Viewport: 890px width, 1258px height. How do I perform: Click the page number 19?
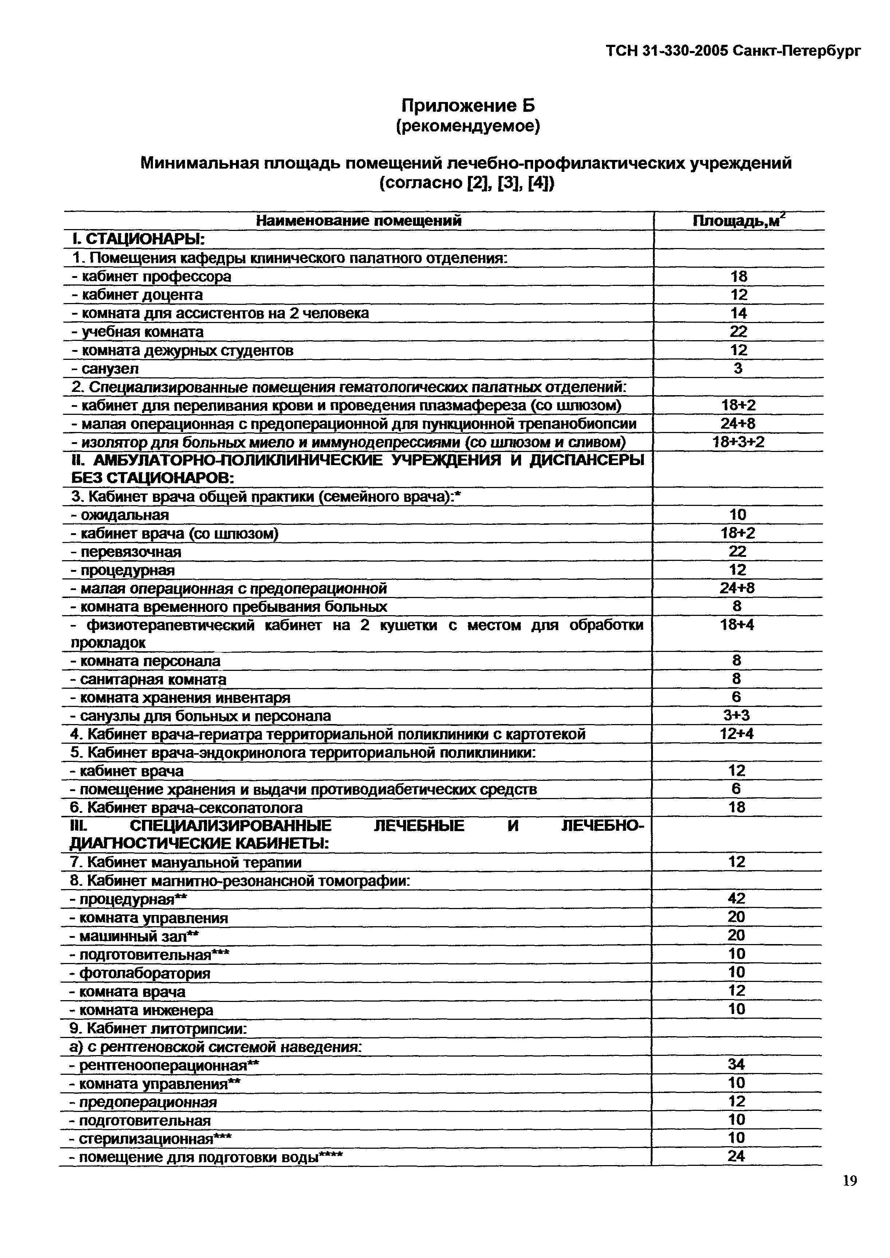click(850, 1196)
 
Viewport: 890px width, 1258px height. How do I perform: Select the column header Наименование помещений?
click(359, 221)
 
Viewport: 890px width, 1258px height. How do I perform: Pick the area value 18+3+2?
click(738, 442)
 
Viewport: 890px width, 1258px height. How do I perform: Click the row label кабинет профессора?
click(151, 277)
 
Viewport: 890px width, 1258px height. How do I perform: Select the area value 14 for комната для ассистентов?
click(738, 314)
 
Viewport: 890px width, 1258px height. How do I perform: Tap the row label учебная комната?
click(138, 332)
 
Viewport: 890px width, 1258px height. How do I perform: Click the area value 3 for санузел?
click(738, 368)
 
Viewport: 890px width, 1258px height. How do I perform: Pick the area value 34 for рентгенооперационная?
click(737, 1065)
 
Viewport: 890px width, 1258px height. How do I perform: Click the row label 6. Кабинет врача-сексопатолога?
click(187, 808)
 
